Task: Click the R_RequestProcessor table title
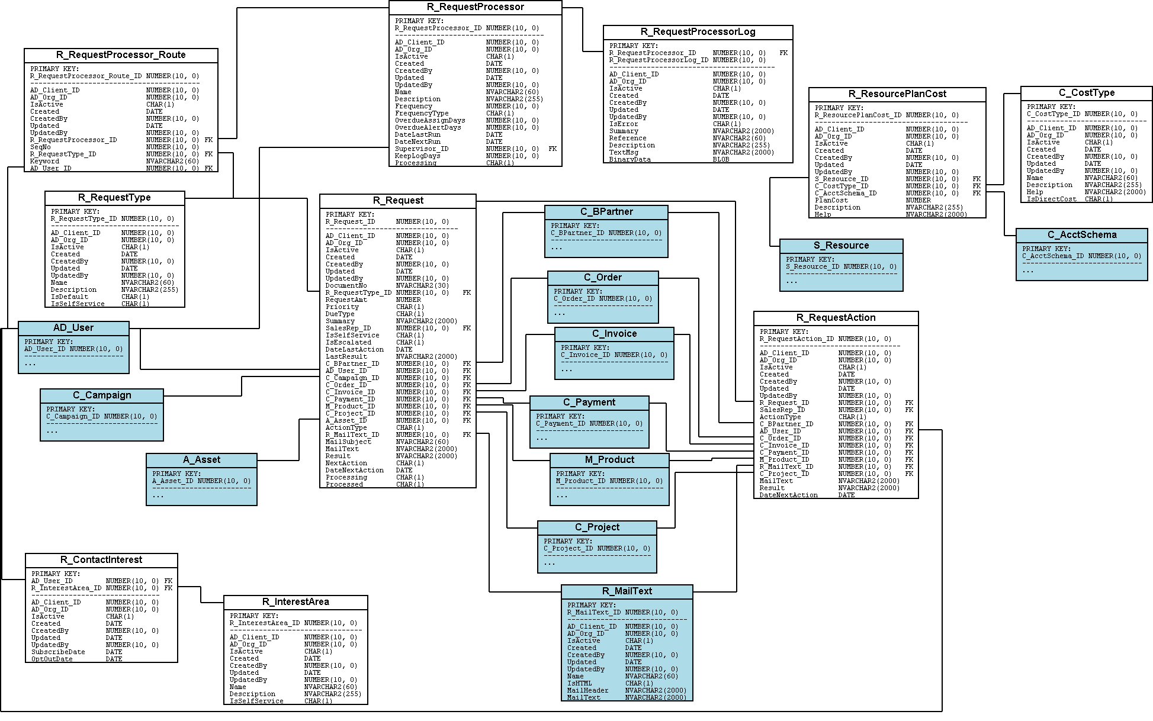[475, 7]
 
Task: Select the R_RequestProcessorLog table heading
[698, 32]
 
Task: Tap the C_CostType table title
[1086, 93]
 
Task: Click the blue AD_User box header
[73, 328]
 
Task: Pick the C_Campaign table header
[102, 395]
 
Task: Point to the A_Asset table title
[201, 460]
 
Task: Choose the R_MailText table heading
[627, 591]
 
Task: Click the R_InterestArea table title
[296, 602]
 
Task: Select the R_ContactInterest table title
[101, 560]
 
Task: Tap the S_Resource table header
[841, 246]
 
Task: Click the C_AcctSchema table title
[1081, 235]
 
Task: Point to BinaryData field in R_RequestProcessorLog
[630, 160]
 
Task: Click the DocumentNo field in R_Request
[346, 286]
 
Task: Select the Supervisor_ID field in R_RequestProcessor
[421, 149]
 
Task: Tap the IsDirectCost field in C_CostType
[1051, 199]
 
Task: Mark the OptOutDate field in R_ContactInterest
[52, 659]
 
